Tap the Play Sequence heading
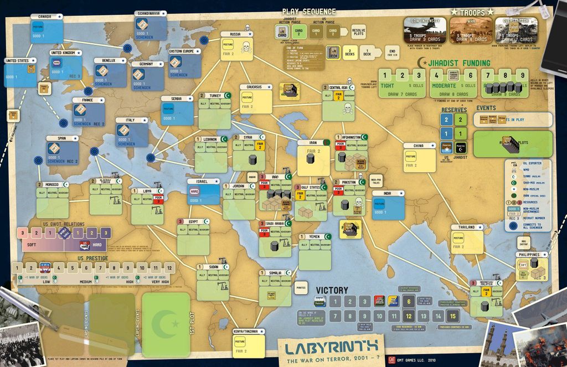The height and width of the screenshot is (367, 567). [308, 11]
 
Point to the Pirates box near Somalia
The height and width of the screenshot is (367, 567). [301, 287]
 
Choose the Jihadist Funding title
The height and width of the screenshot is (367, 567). [455, 63]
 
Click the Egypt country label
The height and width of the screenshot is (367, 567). [193, 221]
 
